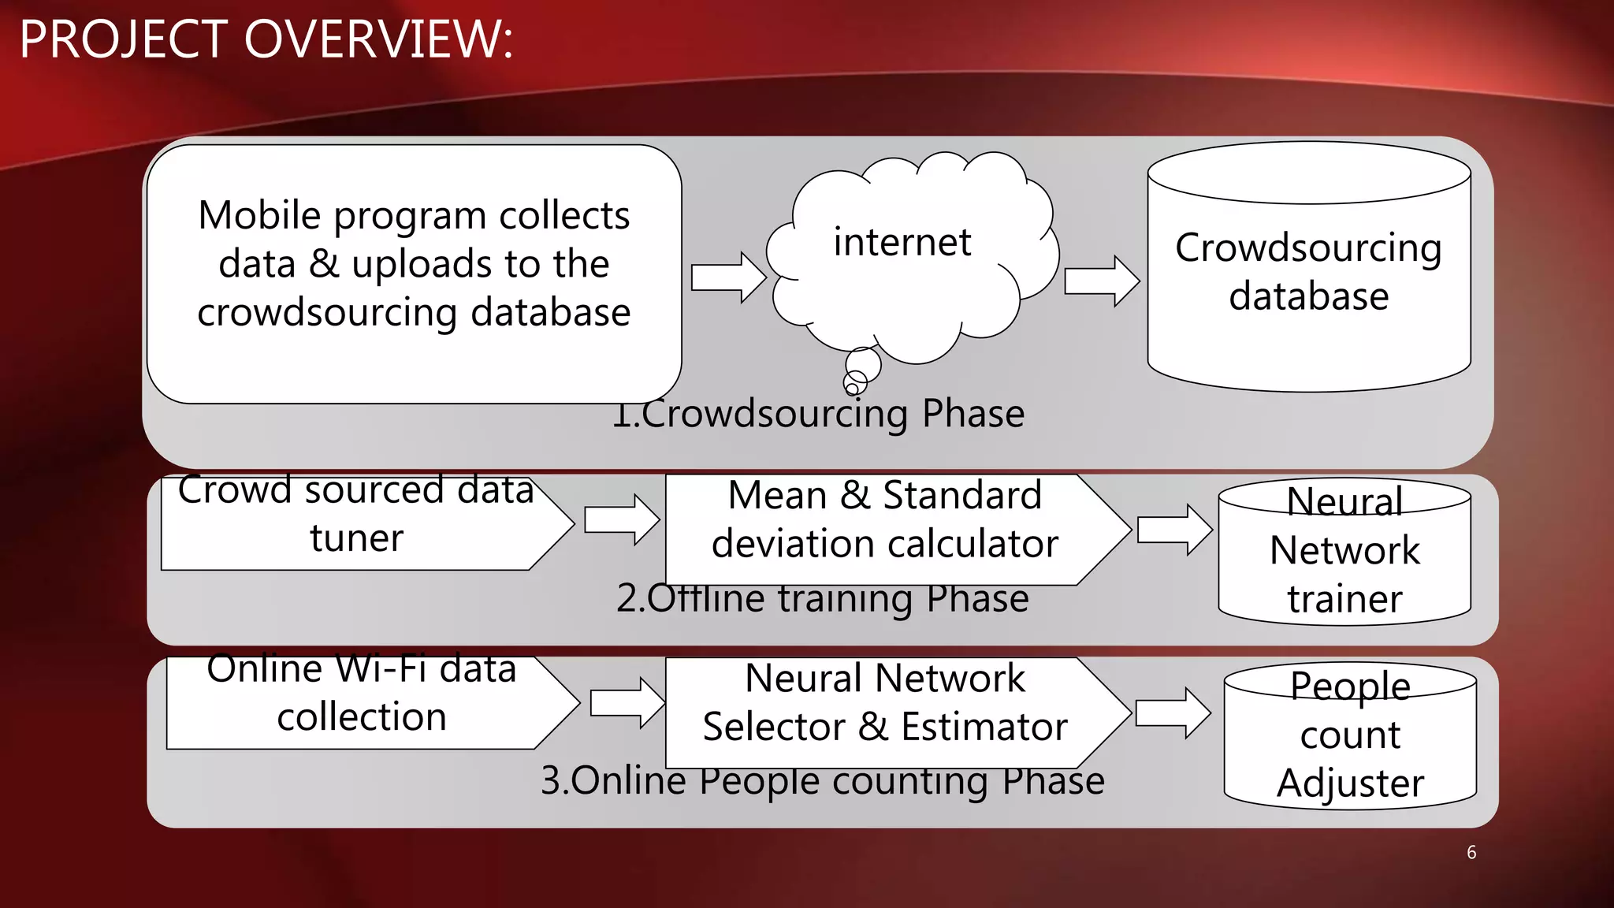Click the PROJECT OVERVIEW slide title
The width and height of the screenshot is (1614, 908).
click(266, 39)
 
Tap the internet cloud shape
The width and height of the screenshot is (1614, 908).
click(906, 260)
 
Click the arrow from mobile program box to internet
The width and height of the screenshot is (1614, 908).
click(727, 277)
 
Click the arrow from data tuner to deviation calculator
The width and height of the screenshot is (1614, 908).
click(621, 519)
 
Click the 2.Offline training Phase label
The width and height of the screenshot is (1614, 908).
click(823, 600)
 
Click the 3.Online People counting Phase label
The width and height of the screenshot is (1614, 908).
click(823, 782)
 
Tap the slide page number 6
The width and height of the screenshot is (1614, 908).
click(1471, 852)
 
